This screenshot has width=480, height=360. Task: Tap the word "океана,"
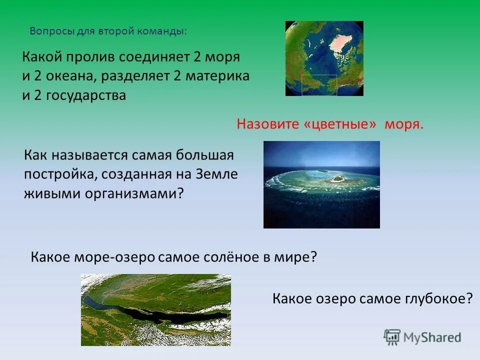pos(64,76)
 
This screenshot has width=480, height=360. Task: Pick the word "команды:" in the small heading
pos(165,31)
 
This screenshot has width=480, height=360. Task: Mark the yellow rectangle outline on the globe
pos(320,76)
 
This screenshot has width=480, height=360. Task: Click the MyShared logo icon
pos(392,337)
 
